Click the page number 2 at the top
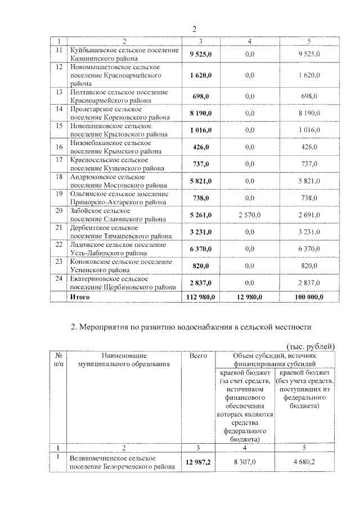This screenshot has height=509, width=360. (x=194, y=29)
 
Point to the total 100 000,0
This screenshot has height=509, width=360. (x=308, y=297)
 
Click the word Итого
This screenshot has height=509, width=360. (x=79, y=297)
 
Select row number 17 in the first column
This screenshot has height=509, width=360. (x=58, y=160)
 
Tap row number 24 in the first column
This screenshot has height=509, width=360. (x=58, y=279)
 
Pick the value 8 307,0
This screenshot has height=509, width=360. (x=245, y=462)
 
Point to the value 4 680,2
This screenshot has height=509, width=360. (x=305, y=462)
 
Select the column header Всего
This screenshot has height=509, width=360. (x=199, y=355)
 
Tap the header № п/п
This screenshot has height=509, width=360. (x=58, y=360)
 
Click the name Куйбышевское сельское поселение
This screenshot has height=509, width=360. (x=124, y=51)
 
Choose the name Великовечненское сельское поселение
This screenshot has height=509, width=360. (x=112, y=458)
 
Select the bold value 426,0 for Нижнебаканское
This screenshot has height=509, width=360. (x=201, y=147)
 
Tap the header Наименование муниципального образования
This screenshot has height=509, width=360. (x=124, y=360)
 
